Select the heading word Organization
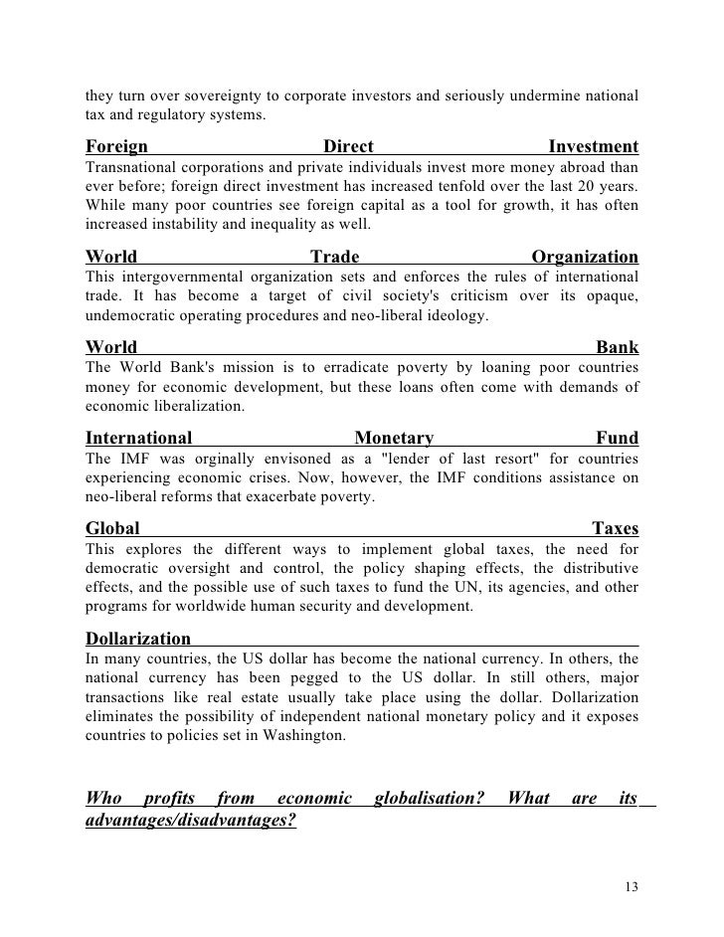585,257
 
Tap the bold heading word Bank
617,347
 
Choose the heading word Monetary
394,438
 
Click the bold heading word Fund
617,438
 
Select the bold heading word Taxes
615,528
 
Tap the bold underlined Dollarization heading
138,638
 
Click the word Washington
302,736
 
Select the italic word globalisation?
429,798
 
